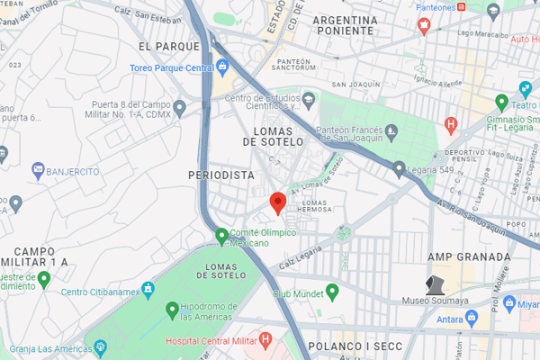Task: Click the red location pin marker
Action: tap(278, 202)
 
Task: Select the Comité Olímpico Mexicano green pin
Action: tap(221, 236)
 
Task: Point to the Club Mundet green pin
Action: tap(331, 292)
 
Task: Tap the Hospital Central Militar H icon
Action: tap(265, 339)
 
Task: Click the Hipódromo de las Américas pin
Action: tap(172, 310)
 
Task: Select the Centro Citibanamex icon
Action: tap(148, 291)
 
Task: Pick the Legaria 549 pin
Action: tap(399, 166)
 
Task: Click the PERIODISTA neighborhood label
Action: tap(221, 175)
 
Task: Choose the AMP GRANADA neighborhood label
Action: tap(470, 256)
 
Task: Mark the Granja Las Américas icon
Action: tap(100, 346)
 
